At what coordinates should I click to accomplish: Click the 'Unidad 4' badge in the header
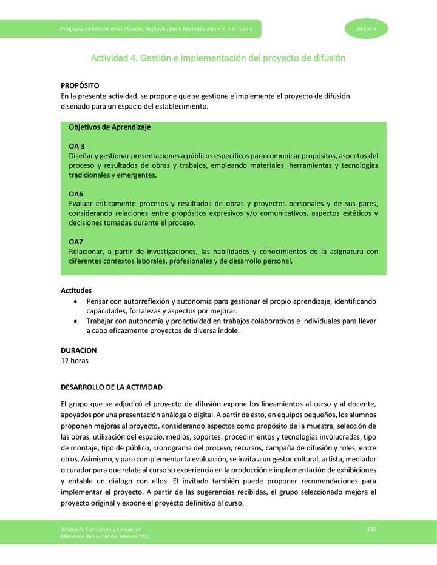366,29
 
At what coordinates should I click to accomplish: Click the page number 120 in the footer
371,529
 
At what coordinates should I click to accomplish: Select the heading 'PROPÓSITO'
80,86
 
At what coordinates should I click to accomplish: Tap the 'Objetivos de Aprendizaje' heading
110,127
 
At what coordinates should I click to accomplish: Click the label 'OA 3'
76,146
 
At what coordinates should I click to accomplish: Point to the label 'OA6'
76,194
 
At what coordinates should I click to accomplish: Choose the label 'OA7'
76,242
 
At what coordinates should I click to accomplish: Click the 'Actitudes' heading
76,290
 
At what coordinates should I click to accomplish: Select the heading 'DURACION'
79,350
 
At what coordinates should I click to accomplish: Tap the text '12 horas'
75,361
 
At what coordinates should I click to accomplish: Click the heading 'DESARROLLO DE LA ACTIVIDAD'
112,387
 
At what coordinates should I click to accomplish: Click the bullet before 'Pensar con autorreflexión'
75,301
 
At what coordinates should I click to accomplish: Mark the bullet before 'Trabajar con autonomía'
75,321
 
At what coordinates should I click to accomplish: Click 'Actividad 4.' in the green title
113,58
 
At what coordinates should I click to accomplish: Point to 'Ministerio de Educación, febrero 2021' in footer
100,537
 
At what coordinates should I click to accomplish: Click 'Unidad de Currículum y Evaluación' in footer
97,529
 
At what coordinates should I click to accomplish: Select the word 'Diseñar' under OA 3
81,156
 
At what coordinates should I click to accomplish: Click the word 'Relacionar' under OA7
87,252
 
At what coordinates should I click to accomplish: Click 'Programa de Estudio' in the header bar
83,29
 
